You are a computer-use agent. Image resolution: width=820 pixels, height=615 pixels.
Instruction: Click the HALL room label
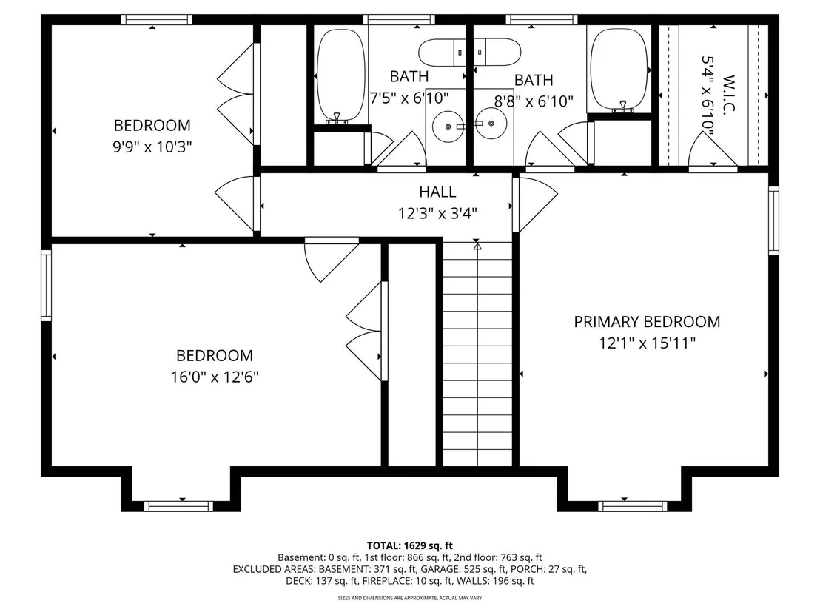pyautogui.click(x=437, y=192)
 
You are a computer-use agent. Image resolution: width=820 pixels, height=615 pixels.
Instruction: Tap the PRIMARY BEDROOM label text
pyautogui.click(x=647, y=322)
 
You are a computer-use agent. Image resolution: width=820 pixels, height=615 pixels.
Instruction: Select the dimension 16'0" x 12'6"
pyautogui.click(x=215, y=377)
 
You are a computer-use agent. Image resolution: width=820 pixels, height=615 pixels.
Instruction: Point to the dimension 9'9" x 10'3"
pyautogui.click(x=152, y=147)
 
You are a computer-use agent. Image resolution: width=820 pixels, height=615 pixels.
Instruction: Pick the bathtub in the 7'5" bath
pyautogui.click(x=341, y=74)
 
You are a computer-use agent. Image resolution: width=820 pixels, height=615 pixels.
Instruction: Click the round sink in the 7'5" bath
pyautogui.click(x=448, y=126)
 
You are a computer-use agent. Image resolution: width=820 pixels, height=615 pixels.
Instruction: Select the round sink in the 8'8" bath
pyautogui.click(x=491, y=124)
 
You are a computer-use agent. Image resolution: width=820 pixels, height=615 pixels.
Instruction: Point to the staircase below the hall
pyautogui.click(x=477, y=354)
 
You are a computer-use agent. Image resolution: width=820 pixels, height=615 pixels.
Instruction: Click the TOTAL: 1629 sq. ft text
pyautogui.click(x=409, y=546)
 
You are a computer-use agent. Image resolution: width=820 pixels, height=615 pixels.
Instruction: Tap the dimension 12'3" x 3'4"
pyautogui.click(x=437, y=213)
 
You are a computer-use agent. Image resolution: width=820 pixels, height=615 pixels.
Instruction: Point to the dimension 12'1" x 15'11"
pyautogui.click(x=648, y=343)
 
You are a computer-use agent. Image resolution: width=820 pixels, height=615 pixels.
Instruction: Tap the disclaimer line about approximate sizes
pyautogui.click(x=410, y=598)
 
